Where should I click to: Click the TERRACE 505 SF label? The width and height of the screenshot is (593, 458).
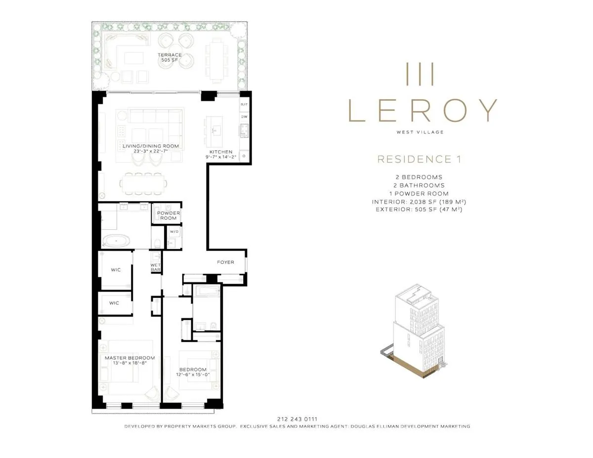pos(169,57)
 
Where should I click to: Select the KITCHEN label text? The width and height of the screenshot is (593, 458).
pos(222,154)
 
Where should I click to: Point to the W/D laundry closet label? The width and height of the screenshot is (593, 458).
pos(174,231)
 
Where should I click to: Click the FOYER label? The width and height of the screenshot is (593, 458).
pos(225,262)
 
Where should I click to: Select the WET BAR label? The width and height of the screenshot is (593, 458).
pos(156,267)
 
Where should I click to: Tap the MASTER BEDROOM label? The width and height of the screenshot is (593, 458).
pos(129,360)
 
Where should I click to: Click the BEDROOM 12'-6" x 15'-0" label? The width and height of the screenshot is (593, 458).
pos(193,372)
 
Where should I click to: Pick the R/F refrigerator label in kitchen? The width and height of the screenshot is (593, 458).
pos(244,105)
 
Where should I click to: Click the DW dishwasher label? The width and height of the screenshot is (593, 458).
pos(244,117)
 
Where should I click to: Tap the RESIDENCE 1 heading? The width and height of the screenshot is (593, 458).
pos(422,159)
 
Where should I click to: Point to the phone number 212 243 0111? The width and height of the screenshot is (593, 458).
pos(296,419)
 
